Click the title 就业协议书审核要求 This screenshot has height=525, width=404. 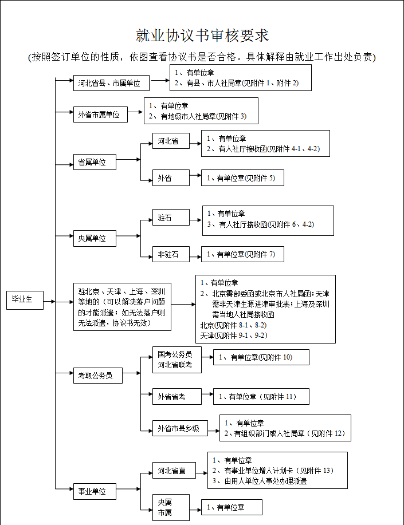point(202,35)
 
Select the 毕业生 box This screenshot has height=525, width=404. point(26,300)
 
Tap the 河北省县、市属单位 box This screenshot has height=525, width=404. point(111,83)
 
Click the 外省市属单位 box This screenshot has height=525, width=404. point(99,115)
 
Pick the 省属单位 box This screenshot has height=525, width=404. point(94,163)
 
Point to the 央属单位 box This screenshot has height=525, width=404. point(94,238)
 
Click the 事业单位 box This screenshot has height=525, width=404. point(94,491)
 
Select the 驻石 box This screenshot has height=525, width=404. point(171,218)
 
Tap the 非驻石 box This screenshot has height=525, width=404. point(171,254)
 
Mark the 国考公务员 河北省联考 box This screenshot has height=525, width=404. point(176,360)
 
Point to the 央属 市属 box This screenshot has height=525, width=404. point(170,507)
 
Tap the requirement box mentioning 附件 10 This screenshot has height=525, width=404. point(261,357)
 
